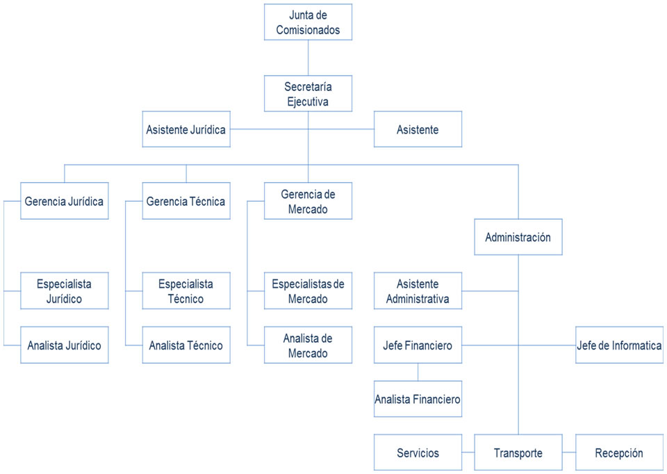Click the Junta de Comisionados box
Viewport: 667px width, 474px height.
tap(308, 22)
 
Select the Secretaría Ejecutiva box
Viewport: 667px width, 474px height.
tap(308, 94)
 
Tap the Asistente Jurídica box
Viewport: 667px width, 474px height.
tap(186, 129)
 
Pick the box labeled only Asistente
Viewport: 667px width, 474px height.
tap(418, 129)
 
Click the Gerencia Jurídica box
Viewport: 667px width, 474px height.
tap(64, 202)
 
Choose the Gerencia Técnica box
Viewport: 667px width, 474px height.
tap(186, 202)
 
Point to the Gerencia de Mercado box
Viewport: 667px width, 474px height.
tap(308, 201)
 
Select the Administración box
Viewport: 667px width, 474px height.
tap(518, 237)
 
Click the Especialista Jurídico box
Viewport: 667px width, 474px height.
tap(64, 291)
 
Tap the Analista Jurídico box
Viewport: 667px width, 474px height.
tap(64, 345)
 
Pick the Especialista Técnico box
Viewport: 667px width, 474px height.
tap(186, 291)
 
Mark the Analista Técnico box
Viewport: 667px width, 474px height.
tap(186, 345)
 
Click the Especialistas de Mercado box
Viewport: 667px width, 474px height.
tap(308, 291)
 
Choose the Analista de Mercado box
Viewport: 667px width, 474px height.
tap(308, 345)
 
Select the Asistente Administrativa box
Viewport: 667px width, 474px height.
tap(418, 291)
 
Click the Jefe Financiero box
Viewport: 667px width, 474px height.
tap(418, 345)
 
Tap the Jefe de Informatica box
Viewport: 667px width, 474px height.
tap(619, 345)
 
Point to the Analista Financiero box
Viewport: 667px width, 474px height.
tap(418, 399)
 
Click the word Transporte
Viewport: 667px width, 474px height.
tap(518, 453)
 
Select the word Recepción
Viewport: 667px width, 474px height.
tap(619, 453)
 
